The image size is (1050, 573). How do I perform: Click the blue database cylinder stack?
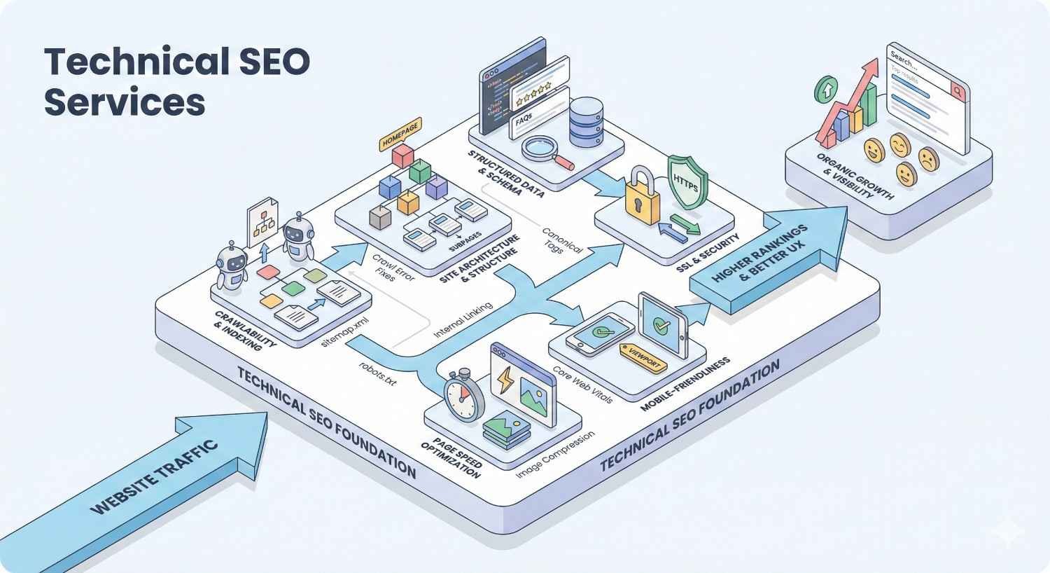click(x=588, y=122)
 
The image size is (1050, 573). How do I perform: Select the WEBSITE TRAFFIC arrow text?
click(x=155, y=478)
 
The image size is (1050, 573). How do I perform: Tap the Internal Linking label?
click(x=463, y=321)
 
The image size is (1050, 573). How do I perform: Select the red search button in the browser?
click(x=955, y=90)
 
